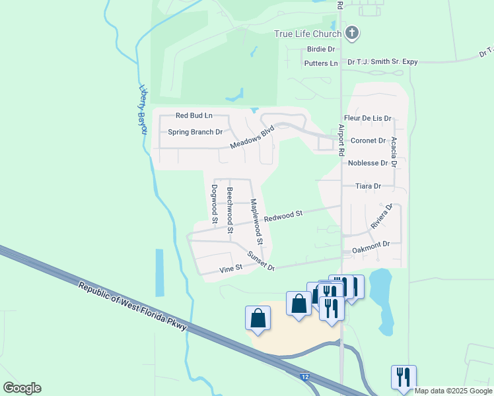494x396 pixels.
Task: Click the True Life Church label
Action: [x=308, y=34]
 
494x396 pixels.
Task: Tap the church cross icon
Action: [x=352, y=33]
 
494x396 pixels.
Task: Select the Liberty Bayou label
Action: [x=142, y=109]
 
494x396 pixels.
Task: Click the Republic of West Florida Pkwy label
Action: [x=132, y=308]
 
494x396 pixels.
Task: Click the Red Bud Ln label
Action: [x=194, y=115]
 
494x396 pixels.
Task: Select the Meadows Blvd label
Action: [x=252, y=138]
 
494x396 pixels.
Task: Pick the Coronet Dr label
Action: [x=368, y=141]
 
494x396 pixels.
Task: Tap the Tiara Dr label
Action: [x=368, y=186]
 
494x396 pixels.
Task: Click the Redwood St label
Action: [x=283, y=215]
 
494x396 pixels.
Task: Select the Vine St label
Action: [x=231, y=268]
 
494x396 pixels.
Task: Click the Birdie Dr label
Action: [x=321, y=49]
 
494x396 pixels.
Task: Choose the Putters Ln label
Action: [x=321, y=63]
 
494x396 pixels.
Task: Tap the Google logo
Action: [x=22, y=388]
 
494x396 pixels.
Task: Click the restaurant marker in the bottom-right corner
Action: [x=404, y=377]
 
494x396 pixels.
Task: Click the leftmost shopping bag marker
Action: [x=258, y=318]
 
